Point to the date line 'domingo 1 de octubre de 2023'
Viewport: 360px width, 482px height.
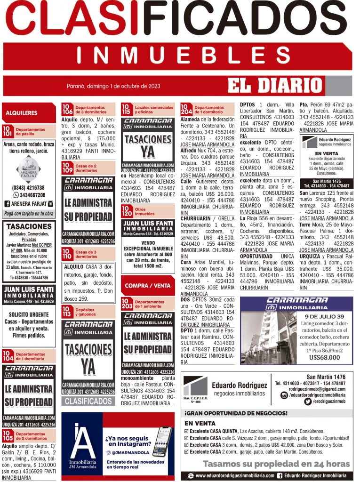click(113, 86)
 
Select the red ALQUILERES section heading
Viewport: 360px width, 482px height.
click(22, 113)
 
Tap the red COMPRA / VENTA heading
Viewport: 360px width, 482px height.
click(148, 286)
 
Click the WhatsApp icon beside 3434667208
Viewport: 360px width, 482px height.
click(16, 195)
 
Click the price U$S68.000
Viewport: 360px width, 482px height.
click(324, 357)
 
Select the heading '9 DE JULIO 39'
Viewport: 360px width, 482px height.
click(324, 316)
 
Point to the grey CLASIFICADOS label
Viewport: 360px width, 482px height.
click(88, 401)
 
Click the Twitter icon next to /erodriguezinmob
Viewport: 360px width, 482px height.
click(308, 402)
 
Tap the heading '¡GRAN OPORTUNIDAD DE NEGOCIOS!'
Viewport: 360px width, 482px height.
click(236, 413)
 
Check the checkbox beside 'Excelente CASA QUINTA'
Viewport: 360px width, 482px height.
click(187, 431)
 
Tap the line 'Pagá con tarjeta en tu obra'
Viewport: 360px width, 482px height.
click(29, 214)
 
